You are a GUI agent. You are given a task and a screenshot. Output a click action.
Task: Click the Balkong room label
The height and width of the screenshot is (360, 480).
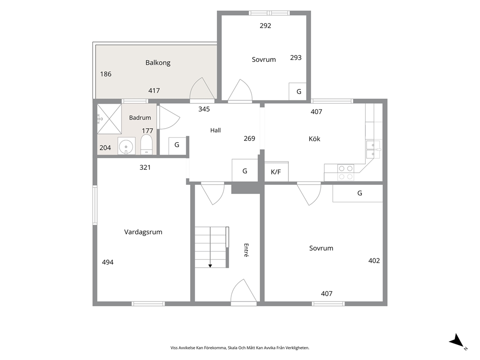(x=158, y=63)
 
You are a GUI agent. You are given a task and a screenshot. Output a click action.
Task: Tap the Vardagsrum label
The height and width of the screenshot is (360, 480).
(x=143, y=232)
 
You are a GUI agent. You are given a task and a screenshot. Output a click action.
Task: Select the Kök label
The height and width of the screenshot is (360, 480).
(x=315, y=139)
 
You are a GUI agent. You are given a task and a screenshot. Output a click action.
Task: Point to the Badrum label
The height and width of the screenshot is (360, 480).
(x=140, y=118)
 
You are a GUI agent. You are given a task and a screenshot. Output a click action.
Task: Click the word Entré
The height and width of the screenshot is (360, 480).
(x=246, y=250)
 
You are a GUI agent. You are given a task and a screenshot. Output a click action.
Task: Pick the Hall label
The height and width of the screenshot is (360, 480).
(x=215, y=130)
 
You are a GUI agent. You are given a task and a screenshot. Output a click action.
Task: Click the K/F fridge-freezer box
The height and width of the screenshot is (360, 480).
(x=276, y=171)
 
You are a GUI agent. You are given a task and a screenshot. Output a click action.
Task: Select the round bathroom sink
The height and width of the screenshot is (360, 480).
(x=126, y=147)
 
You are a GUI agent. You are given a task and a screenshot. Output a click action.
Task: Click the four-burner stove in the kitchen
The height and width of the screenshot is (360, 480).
(x=345, y=172)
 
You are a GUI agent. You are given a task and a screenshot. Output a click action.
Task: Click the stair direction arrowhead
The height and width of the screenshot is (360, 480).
(x=210, y=266)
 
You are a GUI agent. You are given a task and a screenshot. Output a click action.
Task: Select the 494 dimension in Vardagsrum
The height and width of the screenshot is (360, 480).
(x=108, y=262)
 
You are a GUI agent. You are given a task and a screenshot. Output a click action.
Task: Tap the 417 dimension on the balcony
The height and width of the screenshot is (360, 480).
(x=154, y=90)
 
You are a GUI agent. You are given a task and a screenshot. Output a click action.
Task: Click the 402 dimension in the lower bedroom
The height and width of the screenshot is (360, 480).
(x=374, y=261)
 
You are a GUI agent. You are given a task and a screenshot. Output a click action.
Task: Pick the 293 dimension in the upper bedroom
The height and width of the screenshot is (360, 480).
(x=296, y=58)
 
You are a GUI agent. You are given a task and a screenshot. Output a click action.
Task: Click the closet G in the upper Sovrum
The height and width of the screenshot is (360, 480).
(x=298, y=91)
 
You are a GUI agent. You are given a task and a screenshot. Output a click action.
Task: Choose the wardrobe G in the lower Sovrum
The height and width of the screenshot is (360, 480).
(x=358, y=193)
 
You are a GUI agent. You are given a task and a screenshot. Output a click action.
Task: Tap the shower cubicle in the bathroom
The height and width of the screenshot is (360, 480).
(x=109, y=119)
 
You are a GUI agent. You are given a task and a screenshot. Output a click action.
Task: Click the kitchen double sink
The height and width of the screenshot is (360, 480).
(x=374, y=149)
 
